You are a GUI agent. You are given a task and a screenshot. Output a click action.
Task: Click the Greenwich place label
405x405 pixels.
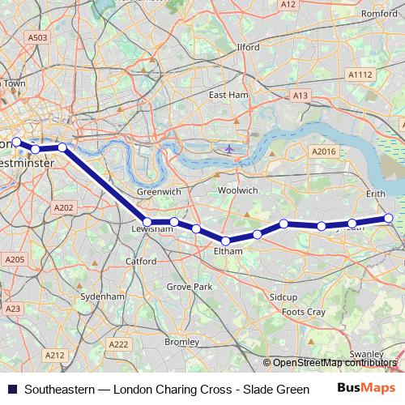[152, 192]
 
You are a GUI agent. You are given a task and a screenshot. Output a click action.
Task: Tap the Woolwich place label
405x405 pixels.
[237, 190]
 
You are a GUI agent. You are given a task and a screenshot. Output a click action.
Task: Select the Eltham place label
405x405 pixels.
[228, 252]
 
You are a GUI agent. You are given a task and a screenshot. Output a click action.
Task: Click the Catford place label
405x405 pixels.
[141, 262]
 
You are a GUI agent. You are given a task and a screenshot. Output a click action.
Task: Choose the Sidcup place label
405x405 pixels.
[283, 297]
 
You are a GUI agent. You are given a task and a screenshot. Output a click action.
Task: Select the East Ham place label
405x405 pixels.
[228, 95]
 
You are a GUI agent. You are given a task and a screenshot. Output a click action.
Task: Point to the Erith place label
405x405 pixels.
[376, 194]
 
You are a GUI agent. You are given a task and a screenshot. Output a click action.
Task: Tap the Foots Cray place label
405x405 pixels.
[303, 312]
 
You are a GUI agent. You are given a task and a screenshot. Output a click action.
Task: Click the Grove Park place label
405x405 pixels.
[189, 287]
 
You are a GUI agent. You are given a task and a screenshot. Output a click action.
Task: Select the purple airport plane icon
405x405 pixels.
[230, 148]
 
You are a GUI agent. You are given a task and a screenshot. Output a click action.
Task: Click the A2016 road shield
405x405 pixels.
[323, 151]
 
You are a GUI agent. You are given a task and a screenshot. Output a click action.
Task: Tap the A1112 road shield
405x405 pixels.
[359, 75]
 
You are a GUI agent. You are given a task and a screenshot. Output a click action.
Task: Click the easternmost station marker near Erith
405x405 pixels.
[388, 218]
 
